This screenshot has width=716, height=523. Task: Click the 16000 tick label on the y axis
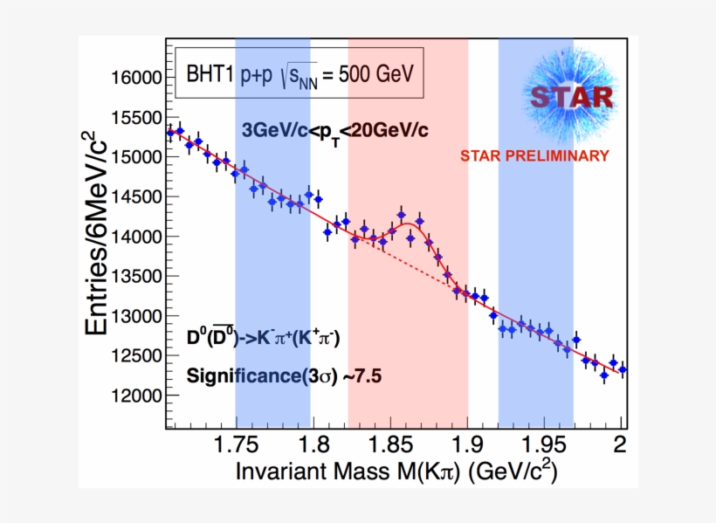(x=136, y=77)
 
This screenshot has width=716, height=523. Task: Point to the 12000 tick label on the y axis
(x=136, y=395)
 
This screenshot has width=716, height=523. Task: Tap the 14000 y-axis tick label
(x=136, y=236)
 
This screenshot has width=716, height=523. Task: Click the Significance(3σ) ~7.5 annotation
(x=285, y=376)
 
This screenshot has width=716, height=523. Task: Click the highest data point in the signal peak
(x=401, y=214)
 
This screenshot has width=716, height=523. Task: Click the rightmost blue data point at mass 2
(x=622, y=369)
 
